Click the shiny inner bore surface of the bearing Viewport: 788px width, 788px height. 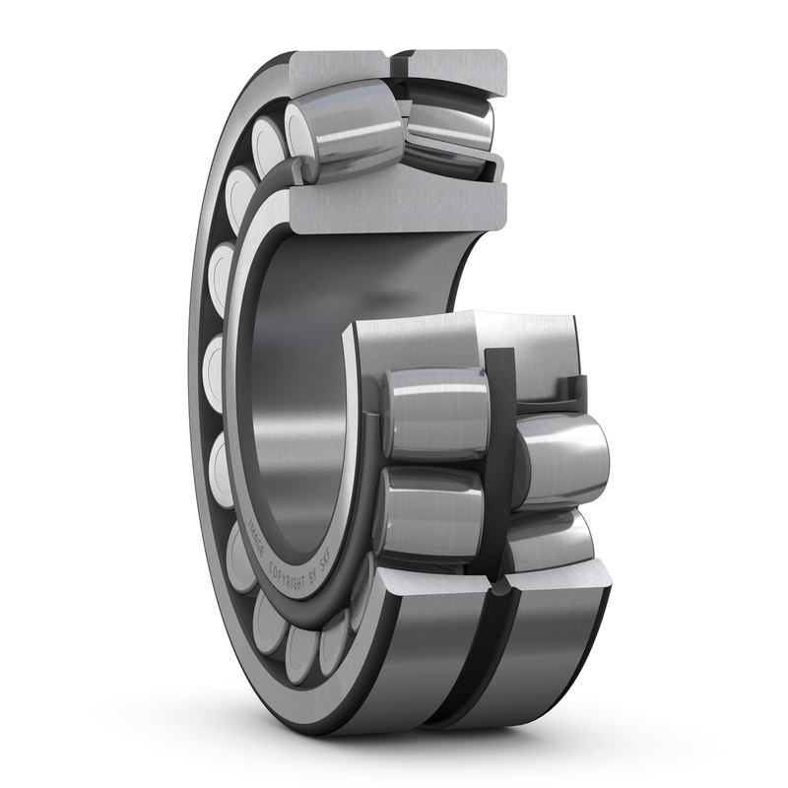[x=295, y=394]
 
